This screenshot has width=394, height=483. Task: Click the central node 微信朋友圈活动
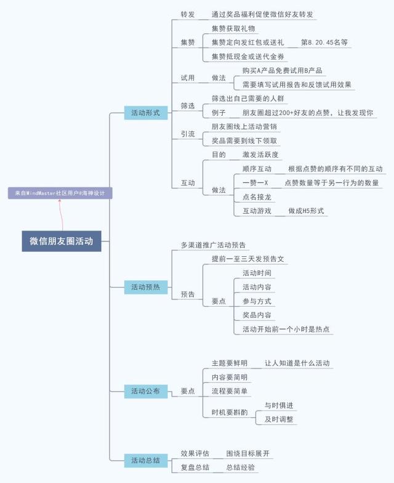click(x=61, y=241)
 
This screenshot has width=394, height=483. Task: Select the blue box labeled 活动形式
click(x=145, y=113)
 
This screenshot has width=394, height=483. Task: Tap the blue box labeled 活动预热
click(x=145, y=287)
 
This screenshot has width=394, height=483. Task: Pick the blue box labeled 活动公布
click(x=145, y=391)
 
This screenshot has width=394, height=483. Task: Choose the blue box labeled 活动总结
click(x=145, y=460)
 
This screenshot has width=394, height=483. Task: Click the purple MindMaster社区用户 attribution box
click(x=60, y=193)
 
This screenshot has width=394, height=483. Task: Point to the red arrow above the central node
click(x=60, y=213)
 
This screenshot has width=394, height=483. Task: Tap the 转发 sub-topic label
click(x=188, y=14)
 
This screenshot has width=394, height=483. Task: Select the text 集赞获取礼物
click(x=233, y=28)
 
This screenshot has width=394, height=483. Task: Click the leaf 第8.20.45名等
click(x=324, y=43)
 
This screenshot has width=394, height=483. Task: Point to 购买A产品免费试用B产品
click(x=282, y=70)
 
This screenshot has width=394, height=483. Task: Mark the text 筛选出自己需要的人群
click(x=248, y=99)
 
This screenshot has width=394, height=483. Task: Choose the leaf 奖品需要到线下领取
click(x=244, y=140)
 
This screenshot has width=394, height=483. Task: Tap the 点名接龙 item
click(x=257, y=197)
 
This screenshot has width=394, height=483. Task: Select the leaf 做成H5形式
click(x=307, y=211)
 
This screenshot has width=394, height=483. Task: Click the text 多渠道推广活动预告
click(x=213, y=245)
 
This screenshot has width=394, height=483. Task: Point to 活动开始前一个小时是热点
click(x=287, y=329)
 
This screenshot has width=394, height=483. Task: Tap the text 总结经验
click(x=240, y=468)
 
